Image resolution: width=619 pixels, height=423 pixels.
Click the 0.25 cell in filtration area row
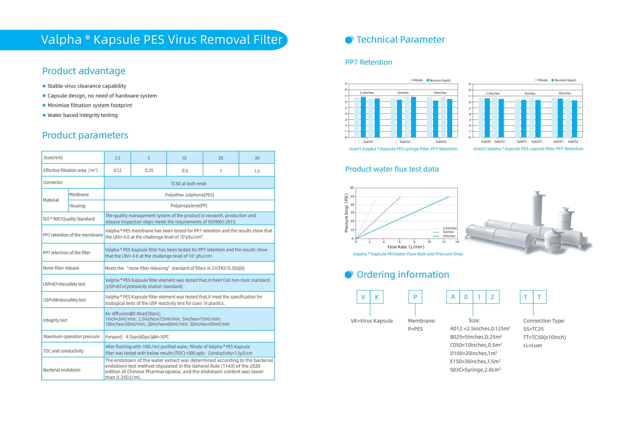point(149,170)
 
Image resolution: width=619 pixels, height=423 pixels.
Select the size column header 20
point(221,158)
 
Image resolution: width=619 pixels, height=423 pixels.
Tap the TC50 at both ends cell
point(189,183)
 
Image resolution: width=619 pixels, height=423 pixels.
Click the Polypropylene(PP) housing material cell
point(189,205)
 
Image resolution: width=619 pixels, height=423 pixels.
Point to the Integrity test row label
point(55,320)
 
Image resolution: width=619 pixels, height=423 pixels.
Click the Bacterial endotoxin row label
point(62,370)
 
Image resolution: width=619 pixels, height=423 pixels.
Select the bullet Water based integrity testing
point(82,115)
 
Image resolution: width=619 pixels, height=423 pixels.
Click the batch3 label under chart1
point(441,142)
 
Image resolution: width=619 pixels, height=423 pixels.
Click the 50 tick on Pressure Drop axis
point(352,196)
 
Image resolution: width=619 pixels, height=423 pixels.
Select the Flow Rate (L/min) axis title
point(405,247)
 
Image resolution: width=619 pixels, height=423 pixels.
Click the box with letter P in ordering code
point(415,297)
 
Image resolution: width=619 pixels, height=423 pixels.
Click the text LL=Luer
point(532,345)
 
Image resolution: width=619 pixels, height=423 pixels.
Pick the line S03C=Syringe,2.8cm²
point(475,370)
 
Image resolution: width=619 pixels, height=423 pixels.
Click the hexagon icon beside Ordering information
point(349,275)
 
